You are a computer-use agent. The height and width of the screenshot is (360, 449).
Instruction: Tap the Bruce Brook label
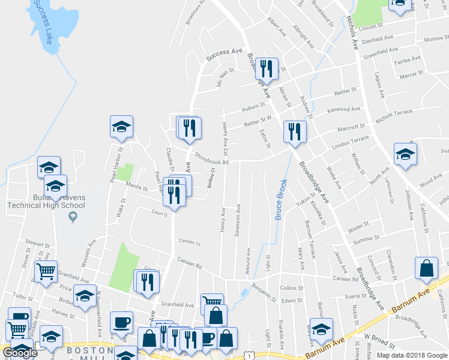point(280,199)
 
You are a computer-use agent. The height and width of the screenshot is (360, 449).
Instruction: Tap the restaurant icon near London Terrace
point(294,131)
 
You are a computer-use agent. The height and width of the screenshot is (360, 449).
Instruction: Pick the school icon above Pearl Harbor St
point(121,126)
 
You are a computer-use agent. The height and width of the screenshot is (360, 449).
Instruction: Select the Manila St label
point(137,188)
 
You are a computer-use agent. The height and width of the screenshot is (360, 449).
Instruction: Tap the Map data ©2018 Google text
point(411,355)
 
